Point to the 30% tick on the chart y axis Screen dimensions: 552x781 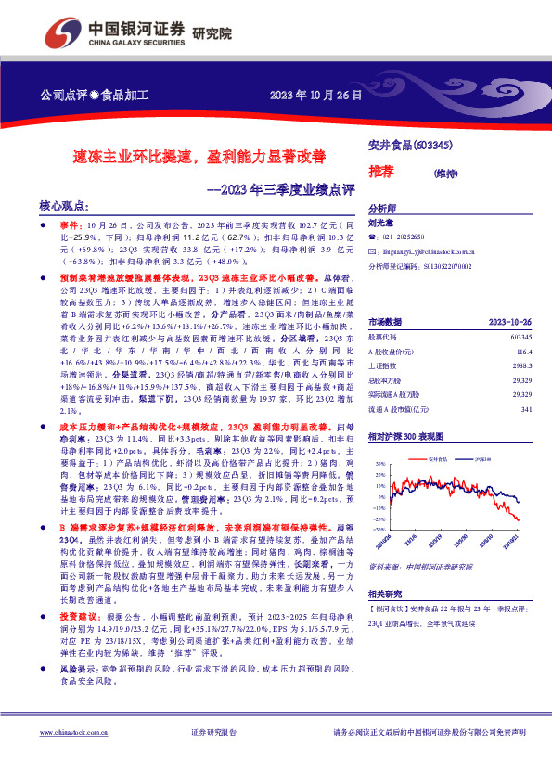click(x=378, y=462)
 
